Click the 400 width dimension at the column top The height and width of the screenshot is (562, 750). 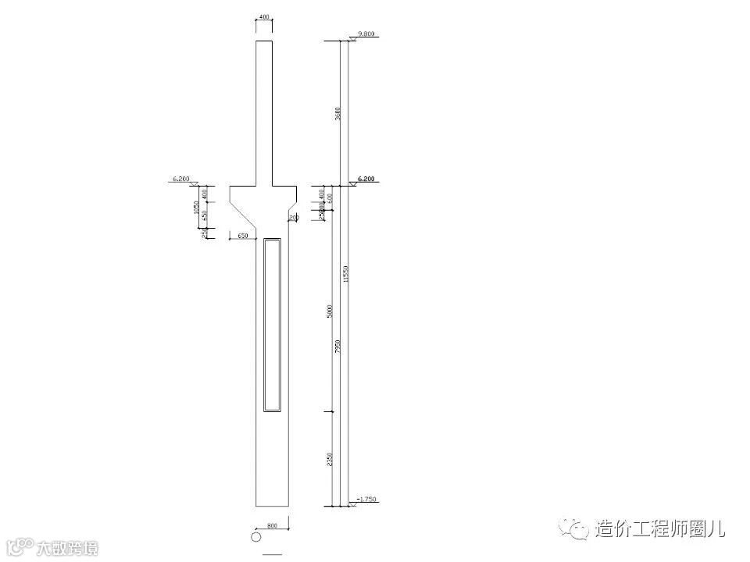264,17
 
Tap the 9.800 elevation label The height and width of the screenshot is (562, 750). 366,34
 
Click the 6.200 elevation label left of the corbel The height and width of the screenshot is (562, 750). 180,180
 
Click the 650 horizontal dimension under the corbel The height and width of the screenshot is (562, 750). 243,235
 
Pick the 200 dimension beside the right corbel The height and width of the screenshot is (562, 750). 294,218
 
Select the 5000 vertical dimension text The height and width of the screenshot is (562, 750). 330,310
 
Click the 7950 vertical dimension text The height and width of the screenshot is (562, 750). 337,346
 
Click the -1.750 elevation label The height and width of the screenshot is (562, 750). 366,498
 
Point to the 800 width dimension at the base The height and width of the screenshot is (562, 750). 273,526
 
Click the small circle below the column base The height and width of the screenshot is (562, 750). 255,537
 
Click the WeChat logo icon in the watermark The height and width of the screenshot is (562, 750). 579,529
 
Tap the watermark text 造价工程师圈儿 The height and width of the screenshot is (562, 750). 661,528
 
